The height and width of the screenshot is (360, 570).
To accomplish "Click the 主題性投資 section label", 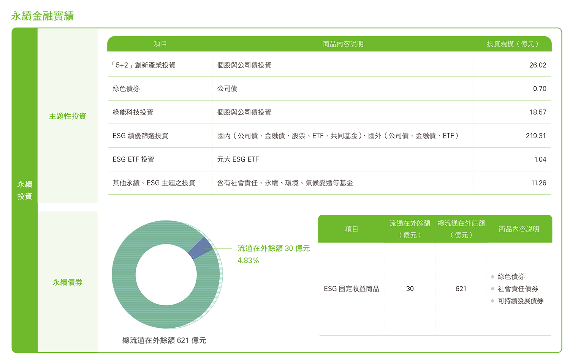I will (68, 116).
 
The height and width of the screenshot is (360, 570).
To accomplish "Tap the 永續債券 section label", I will (68, 282).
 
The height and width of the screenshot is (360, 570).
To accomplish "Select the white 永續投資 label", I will (25, 190).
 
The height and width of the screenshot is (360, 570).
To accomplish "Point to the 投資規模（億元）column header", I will (513, 44).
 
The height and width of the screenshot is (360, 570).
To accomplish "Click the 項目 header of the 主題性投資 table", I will (160, 44).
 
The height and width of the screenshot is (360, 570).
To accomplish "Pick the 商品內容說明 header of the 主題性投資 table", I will (343, 44).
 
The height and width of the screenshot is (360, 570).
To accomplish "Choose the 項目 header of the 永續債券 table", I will (351, 229).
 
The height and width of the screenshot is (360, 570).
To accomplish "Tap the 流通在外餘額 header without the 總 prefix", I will (410, 224).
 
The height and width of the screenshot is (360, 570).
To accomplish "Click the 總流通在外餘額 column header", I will (461, 224).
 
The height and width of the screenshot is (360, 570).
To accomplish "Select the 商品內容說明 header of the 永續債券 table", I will (519, 229).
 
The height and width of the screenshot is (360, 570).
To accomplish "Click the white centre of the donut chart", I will (166, 274).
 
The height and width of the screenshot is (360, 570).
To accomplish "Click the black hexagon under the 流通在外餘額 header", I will (410, 289).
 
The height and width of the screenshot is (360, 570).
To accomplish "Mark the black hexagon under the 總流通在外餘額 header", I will (461, 289).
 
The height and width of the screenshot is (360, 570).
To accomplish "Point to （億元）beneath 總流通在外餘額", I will (461, 235).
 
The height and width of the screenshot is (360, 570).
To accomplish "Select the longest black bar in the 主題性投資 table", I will (340, 136).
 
